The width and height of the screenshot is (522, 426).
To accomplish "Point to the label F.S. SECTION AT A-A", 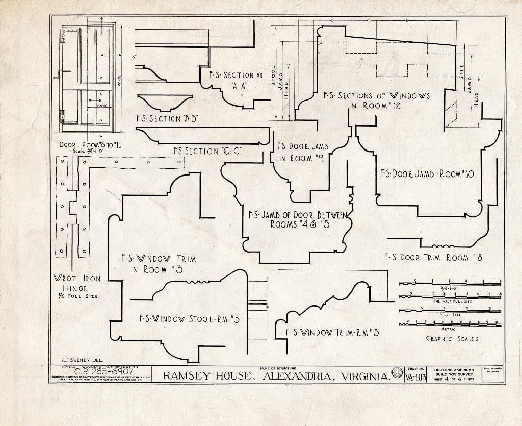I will click(236, 80).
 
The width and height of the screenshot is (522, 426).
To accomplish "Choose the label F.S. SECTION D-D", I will click(167, 119).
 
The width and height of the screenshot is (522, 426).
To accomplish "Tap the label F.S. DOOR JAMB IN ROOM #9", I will click(301, 152).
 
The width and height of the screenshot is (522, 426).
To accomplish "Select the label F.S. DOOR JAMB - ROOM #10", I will click(427, 174).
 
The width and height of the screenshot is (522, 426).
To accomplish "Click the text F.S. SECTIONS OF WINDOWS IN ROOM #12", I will click(377, 101).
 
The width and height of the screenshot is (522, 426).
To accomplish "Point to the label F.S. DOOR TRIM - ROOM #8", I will click(433, 257).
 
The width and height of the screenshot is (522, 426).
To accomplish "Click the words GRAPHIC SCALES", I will click(452, 339).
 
